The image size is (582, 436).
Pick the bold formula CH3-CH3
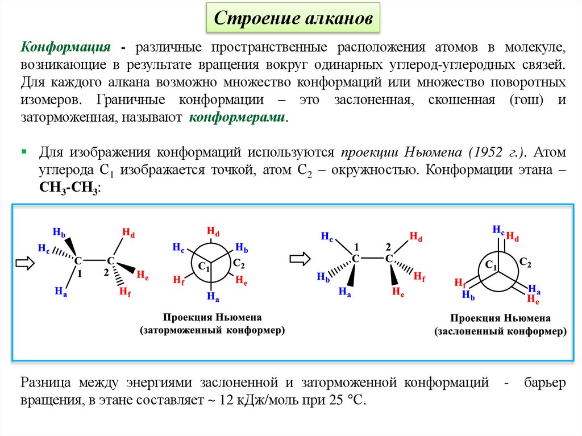click(69, 189)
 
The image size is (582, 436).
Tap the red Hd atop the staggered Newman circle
click(213, 231)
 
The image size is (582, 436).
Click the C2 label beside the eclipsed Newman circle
click(525, 263)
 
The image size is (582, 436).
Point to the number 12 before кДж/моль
click(227, 400)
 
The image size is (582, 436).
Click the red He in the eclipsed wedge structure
click(398, 292)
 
